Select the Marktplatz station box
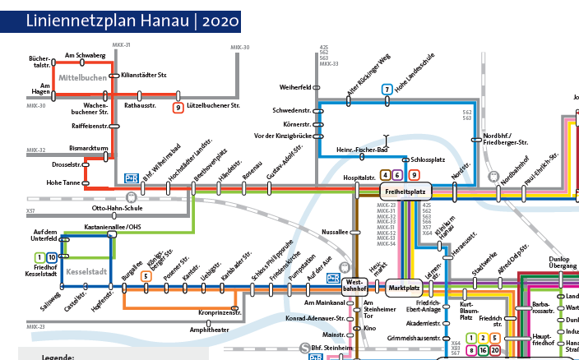coord(405,288)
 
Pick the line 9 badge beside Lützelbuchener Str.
coord(178,107)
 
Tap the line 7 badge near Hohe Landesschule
coord(387,90)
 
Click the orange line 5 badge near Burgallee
coord(146,276)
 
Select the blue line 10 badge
coord(53,258)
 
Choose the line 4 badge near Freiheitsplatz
coord(385,174)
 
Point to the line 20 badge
coord(494,349)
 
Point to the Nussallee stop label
coord(336,233)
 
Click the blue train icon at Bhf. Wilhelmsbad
coord(131,177)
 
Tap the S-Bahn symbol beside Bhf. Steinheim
coord(304,348)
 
